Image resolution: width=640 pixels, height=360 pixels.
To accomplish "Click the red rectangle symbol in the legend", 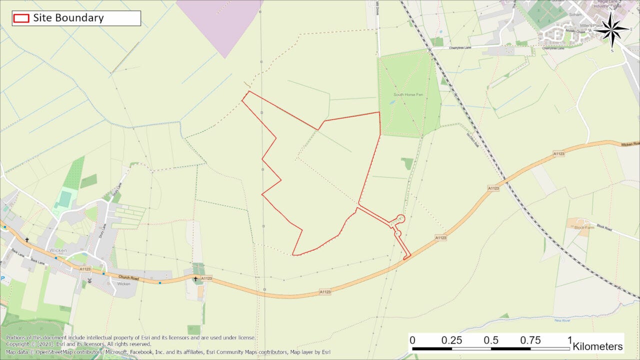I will (21, 18).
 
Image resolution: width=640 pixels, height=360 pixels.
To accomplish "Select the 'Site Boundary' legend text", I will (68, 18).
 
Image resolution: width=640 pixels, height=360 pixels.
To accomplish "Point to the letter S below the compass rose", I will (612, 50).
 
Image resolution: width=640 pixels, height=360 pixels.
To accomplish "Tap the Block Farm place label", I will (584, 227).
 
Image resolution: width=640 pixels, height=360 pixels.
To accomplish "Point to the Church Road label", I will (127, 277).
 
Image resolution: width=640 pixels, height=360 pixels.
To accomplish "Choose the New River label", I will (562, 320).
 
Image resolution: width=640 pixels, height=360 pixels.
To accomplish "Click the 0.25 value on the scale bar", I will (451, 340).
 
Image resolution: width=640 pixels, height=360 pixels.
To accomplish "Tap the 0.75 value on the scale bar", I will (530, 340).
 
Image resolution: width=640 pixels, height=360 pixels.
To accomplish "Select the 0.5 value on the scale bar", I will (491, 340).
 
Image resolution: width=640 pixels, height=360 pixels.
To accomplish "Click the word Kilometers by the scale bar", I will (597, 346).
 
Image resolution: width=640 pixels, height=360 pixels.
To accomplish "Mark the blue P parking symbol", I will (3, 278).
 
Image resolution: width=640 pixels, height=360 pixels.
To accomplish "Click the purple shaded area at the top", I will (220, 22).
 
